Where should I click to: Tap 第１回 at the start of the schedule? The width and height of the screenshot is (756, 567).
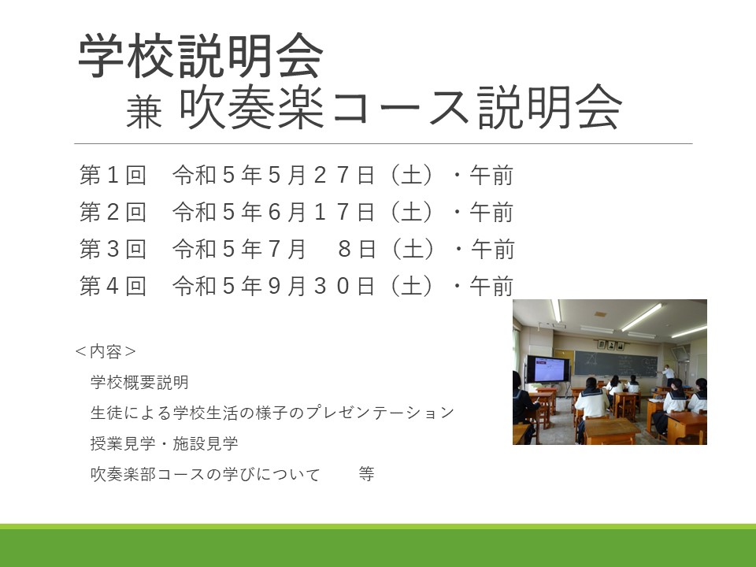(x=113, y=175)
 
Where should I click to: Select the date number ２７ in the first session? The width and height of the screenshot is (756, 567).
(x=332, y=175)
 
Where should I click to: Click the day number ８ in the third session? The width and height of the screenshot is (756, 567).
(x=344, y=249)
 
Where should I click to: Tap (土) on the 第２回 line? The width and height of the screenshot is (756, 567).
(x=412, y=212)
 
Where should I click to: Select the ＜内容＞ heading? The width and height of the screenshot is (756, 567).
(x=106, y=351)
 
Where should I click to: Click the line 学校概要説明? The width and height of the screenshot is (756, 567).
(x=139, y=383)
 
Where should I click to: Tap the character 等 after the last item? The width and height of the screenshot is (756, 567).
(x=366, y=474)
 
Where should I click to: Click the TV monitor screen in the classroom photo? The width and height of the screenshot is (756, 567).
(x=548, y=369)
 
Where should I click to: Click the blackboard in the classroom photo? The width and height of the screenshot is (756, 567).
(x=616, y=363)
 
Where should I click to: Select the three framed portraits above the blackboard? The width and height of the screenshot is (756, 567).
(x=611, y=345)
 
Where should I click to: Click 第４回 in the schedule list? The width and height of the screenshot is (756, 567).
(x=113, y=286)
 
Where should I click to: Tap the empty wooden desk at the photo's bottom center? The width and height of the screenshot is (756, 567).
(x=611, y=431)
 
